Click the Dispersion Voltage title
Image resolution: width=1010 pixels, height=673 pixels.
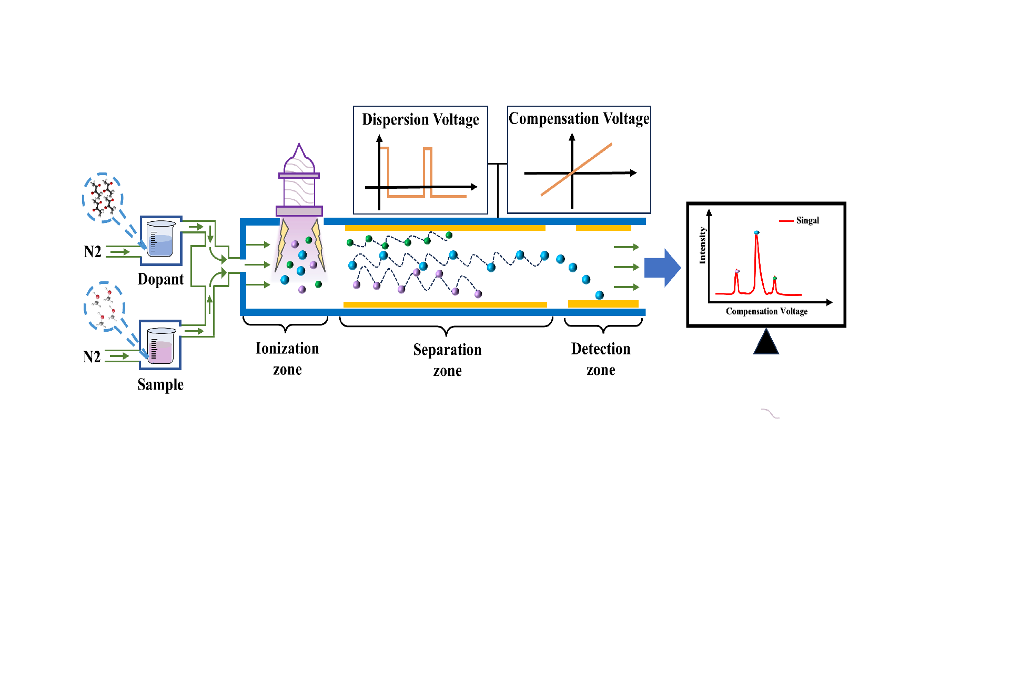pos(420,120)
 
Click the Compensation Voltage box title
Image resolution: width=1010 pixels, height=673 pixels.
pos(579,119)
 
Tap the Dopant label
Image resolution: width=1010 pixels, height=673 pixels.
pos(160,279)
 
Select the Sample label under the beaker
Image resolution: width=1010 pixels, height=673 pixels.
pos(160,384)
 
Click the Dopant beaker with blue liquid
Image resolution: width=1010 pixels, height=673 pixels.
pos(160,240)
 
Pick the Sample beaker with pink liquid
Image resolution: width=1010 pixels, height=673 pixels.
pos(160,345)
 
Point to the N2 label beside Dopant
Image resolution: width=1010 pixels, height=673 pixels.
pos(93,252)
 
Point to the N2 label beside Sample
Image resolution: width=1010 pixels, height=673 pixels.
pos(92,357)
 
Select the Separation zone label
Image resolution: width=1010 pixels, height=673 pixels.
pos(447,360)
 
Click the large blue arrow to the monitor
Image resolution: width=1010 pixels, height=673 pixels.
pos(662,268)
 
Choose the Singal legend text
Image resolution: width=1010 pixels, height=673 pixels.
pos(807,220)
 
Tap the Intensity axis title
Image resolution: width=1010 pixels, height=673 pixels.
pos(702,245)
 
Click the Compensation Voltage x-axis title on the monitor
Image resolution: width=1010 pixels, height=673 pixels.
pos(766,311)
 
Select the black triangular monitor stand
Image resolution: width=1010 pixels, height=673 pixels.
pos(766,343)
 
